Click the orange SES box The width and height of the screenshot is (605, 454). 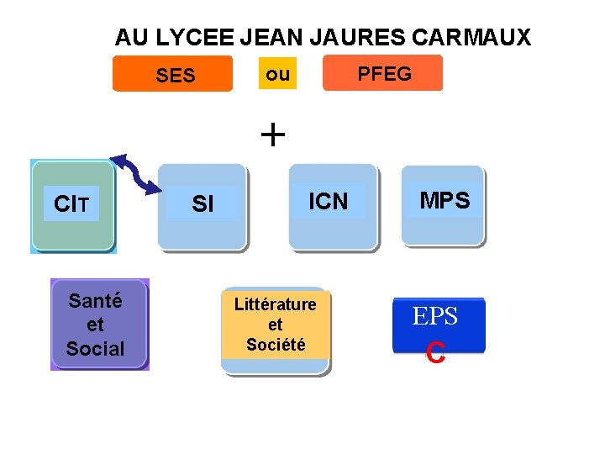click(174, 75)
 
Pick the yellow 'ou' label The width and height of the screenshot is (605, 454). click(277, 74)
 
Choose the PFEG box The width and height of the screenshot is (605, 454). click(384, 74)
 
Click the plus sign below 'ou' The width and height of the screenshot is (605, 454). click(273, 134)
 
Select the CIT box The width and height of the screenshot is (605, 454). click(72, 204)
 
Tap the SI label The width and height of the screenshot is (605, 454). click(203, 204)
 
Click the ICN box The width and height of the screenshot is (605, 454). click(329, 202)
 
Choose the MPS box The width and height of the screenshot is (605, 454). click(445, 201)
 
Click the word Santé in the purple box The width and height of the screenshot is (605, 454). click(96, 301)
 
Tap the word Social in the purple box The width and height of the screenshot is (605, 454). click(95, 348)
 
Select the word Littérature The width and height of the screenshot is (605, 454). click(276, 304)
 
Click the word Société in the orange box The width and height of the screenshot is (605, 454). click(276, 344)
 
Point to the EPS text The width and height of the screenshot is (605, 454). click(434, 317)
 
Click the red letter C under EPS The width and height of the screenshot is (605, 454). click(434, 353)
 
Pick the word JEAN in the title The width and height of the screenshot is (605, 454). click(271, 38)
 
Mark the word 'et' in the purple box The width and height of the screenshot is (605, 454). click(95, 325)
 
